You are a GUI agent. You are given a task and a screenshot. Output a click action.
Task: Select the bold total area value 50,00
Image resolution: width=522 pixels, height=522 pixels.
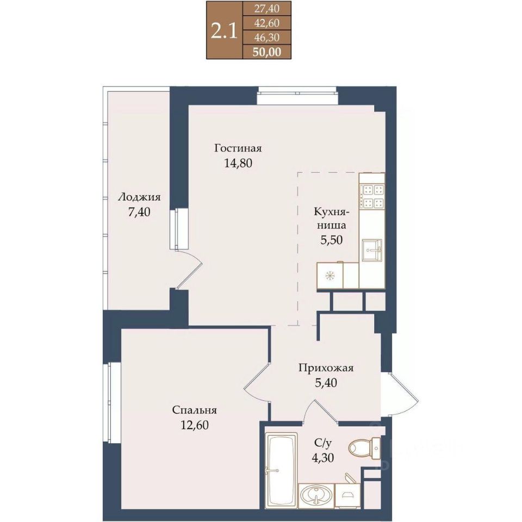point(266,52)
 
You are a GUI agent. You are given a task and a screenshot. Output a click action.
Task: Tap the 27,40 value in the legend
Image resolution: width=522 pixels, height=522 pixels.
point(266,9)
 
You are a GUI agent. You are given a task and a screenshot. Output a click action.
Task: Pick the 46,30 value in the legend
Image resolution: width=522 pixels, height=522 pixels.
point(266,38)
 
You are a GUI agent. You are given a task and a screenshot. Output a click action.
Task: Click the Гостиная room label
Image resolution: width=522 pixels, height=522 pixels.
point(238,148)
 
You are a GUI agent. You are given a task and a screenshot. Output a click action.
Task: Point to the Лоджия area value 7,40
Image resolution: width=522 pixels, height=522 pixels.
point(139,212)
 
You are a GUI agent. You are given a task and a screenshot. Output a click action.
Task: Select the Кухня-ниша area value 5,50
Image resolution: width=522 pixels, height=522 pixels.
point(331,240)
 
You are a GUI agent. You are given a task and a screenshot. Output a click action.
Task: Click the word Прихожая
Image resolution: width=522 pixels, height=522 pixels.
point(326,368)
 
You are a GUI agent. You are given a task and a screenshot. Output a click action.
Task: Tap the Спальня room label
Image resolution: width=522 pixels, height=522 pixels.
point(195,410)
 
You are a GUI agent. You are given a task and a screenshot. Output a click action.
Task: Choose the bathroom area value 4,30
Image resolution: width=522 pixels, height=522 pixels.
point(322,458)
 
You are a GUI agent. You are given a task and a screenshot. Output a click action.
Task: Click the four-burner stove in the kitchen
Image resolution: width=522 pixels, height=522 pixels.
point(372,195)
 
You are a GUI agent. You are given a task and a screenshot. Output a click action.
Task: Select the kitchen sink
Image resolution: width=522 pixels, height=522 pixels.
point(372,250)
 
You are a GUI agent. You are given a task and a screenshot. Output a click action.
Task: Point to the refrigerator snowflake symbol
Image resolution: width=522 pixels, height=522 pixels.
point(330,276)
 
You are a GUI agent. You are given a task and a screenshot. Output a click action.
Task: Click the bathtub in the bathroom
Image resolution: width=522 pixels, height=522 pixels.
point(281,470)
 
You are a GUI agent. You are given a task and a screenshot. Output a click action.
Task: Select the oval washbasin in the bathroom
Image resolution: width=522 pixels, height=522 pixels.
point(316,495)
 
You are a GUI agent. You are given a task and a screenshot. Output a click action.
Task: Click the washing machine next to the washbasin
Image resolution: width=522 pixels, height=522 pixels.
point(347,496)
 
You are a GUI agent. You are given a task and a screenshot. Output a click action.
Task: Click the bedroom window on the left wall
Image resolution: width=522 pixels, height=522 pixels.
point(111,402)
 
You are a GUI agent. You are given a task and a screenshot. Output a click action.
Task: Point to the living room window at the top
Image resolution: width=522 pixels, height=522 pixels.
point(297,95)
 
